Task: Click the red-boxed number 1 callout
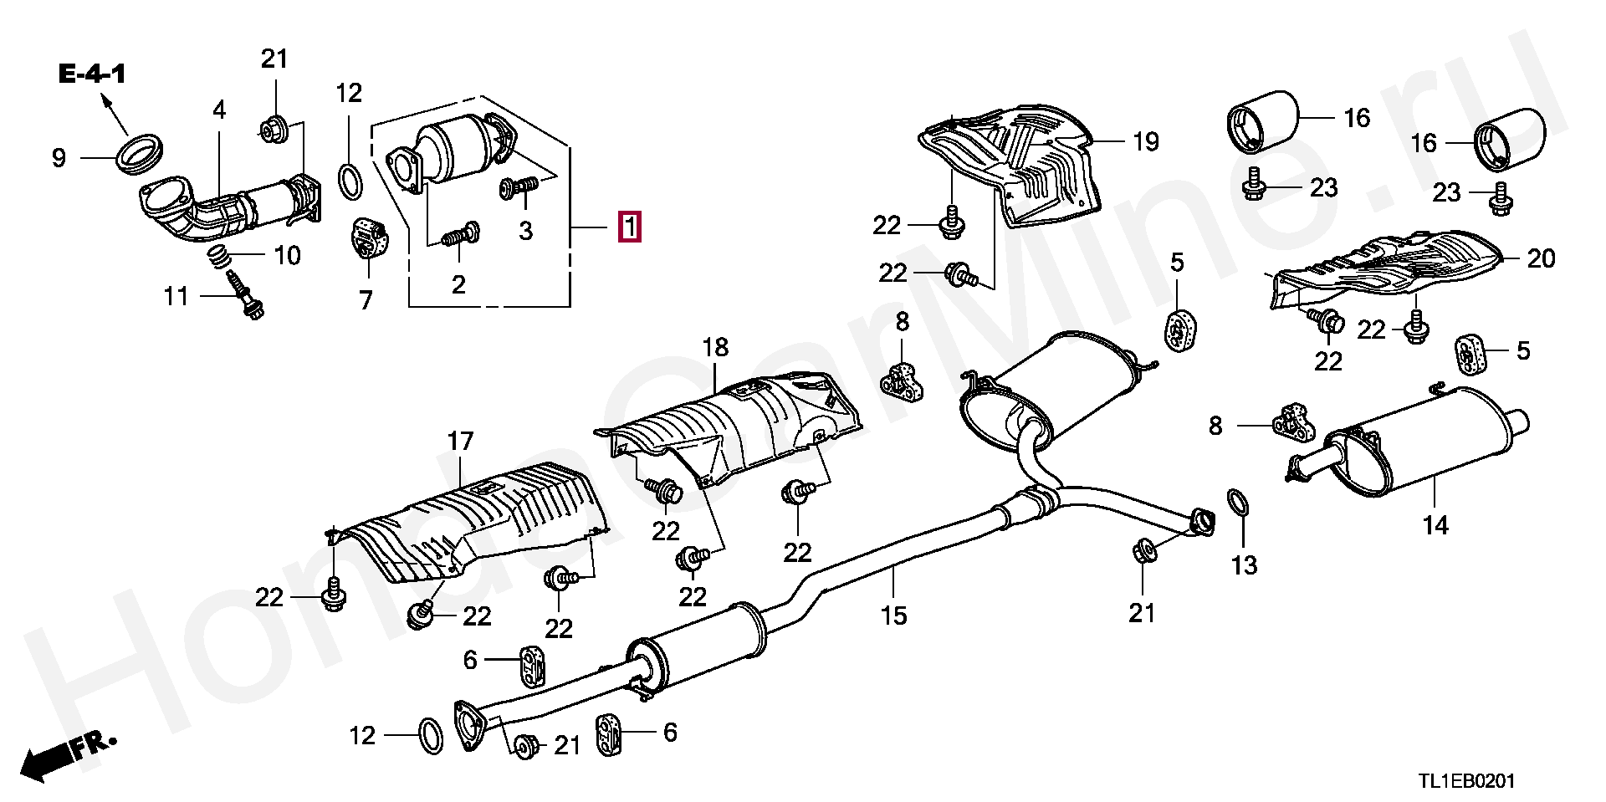coord(629,227)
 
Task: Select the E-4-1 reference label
coord(92,74)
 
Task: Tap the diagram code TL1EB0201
coord(1465,781)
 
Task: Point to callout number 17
coord(460,441)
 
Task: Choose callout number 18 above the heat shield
coord(715,347)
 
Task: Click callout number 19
coord(1146,141)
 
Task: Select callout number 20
coord(1541,258)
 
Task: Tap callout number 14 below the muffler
coord(1435,525)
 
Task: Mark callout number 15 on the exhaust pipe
coord(893,616)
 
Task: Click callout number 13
coord(1244,565)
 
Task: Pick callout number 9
coord(59,158)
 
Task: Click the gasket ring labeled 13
coord(1239,503)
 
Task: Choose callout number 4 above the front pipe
coord(219,110)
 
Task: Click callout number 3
coord(525,231)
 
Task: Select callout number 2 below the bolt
coord(458,284)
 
